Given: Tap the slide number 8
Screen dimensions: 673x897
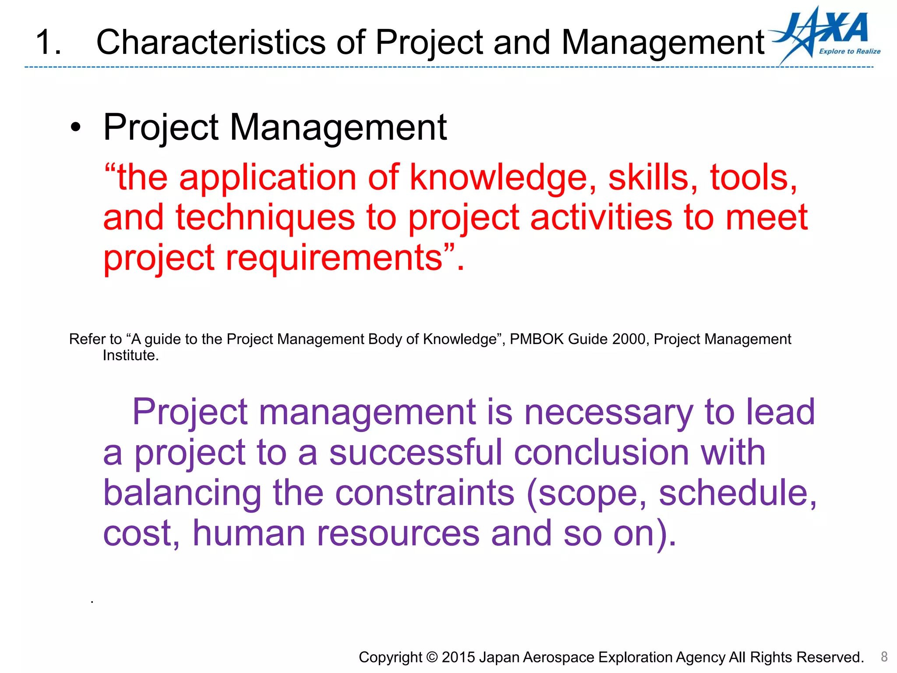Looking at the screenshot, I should click(884, 656).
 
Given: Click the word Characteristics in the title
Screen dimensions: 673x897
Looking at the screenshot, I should click(210, 43).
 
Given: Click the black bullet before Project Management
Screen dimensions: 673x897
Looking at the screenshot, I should click(76, 128).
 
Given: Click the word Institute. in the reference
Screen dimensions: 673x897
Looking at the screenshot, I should click(131, 355).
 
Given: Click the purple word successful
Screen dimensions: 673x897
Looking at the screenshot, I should click(415, 452).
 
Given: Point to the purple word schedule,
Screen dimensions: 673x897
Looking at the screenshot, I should click(738, 493).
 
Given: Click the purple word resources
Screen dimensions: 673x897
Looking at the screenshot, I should click(398, 533).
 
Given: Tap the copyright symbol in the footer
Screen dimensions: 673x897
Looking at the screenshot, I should click(431, 657).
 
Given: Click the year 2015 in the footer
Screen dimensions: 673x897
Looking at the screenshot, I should click(458, 657).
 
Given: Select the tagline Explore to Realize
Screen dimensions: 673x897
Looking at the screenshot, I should click(849, 51).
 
